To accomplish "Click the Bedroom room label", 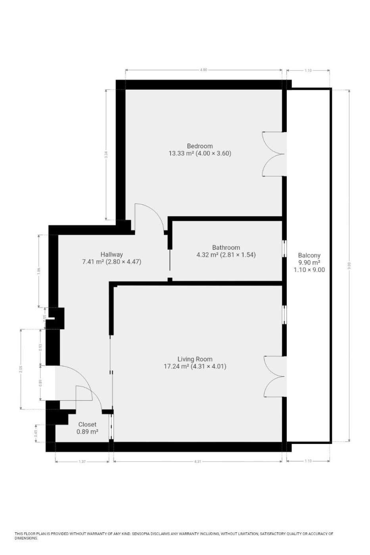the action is click(200, 146).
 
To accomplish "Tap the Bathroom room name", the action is click(226, 247).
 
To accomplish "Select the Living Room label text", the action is click(195, 359).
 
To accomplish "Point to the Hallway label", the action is click(111, 255).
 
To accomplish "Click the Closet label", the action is click(87, 425).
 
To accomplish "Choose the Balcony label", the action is click(309, 255).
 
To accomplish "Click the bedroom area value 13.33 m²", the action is click(181, 153).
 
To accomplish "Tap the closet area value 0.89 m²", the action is click(87, 432).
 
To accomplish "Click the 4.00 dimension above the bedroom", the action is click(203, 70).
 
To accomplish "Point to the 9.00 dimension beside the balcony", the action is click(349, 265).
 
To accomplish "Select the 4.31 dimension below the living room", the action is click(197, 461).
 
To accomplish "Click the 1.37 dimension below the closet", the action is click(82, 461).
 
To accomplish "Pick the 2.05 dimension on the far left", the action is click(21, 369).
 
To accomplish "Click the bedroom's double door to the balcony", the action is click(274, 154).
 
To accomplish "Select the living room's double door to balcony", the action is click(274, 376).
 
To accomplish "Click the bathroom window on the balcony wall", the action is click(284, 249).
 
